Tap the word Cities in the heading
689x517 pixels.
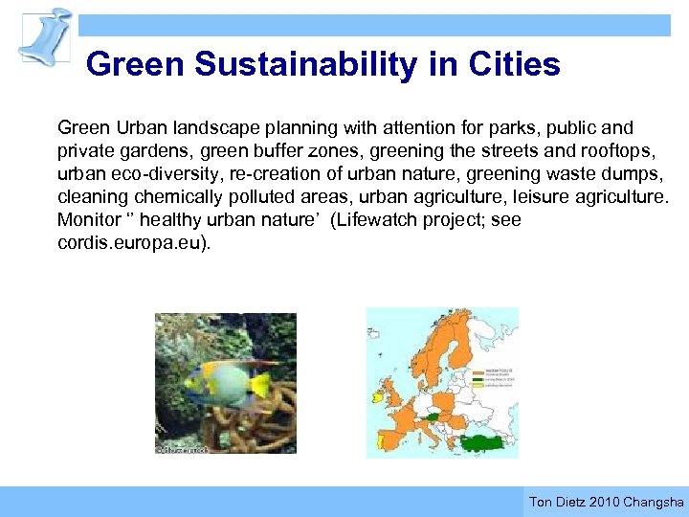[514, 65]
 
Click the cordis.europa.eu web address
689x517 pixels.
[129, 241]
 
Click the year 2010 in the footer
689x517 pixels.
[604, 502]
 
